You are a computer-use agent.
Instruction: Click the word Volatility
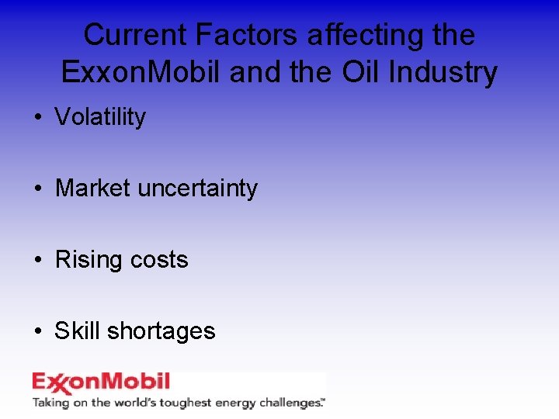pyautogui.click(x=100, y=117)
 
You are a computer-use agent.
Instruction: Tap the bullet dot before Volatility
pyautogui.click(x=37, y=118)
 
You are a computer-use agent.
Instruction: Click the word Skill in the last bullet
pyautogui.click(x=77, y=331)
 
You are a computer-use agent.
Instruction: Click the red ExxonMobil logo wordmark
pyautogui.click(x=100, y=383)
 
